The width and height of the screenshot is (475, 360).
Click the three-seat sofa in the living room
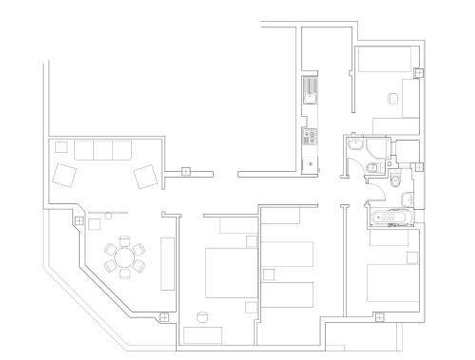103,150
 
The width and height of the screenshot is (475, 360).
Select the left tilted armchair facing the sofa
65,177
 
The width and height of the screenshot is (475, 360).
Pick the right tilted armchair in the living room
145,177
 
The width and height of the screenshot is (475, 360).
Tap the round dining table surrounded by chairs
124,257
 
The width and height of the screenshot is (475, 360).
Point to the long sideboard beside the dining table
168,262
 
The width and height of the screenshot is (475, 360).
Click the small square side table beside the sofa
61,146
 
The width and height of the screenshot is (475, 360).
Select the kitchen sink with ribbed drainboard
310,90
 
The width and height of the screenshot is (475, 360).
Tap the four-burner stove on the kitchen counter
309,137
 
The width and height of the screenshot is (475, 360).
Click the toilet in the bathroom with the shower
372,169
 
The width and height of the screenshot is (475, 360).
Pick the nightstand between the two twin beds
269,275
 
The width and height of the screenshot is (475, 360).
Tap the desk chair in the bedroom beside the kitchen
392,99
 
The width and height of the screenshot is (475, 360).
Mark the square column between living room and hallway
186,173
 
